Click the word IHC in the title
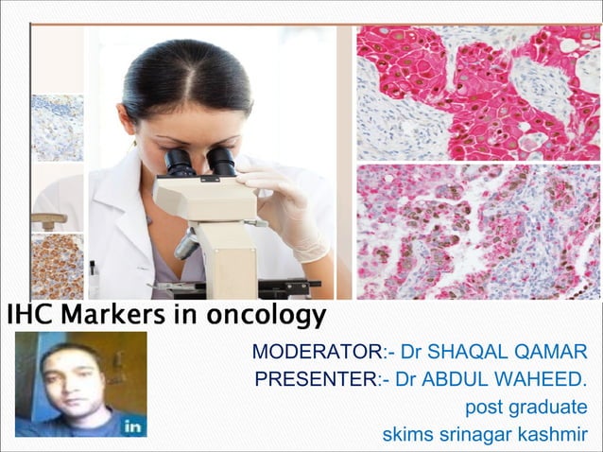(26, 314)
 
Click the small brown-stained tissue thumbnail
(57, 266)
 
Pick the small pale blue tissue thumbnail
(57, 127)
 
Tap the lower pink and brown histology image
(478, 232)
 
